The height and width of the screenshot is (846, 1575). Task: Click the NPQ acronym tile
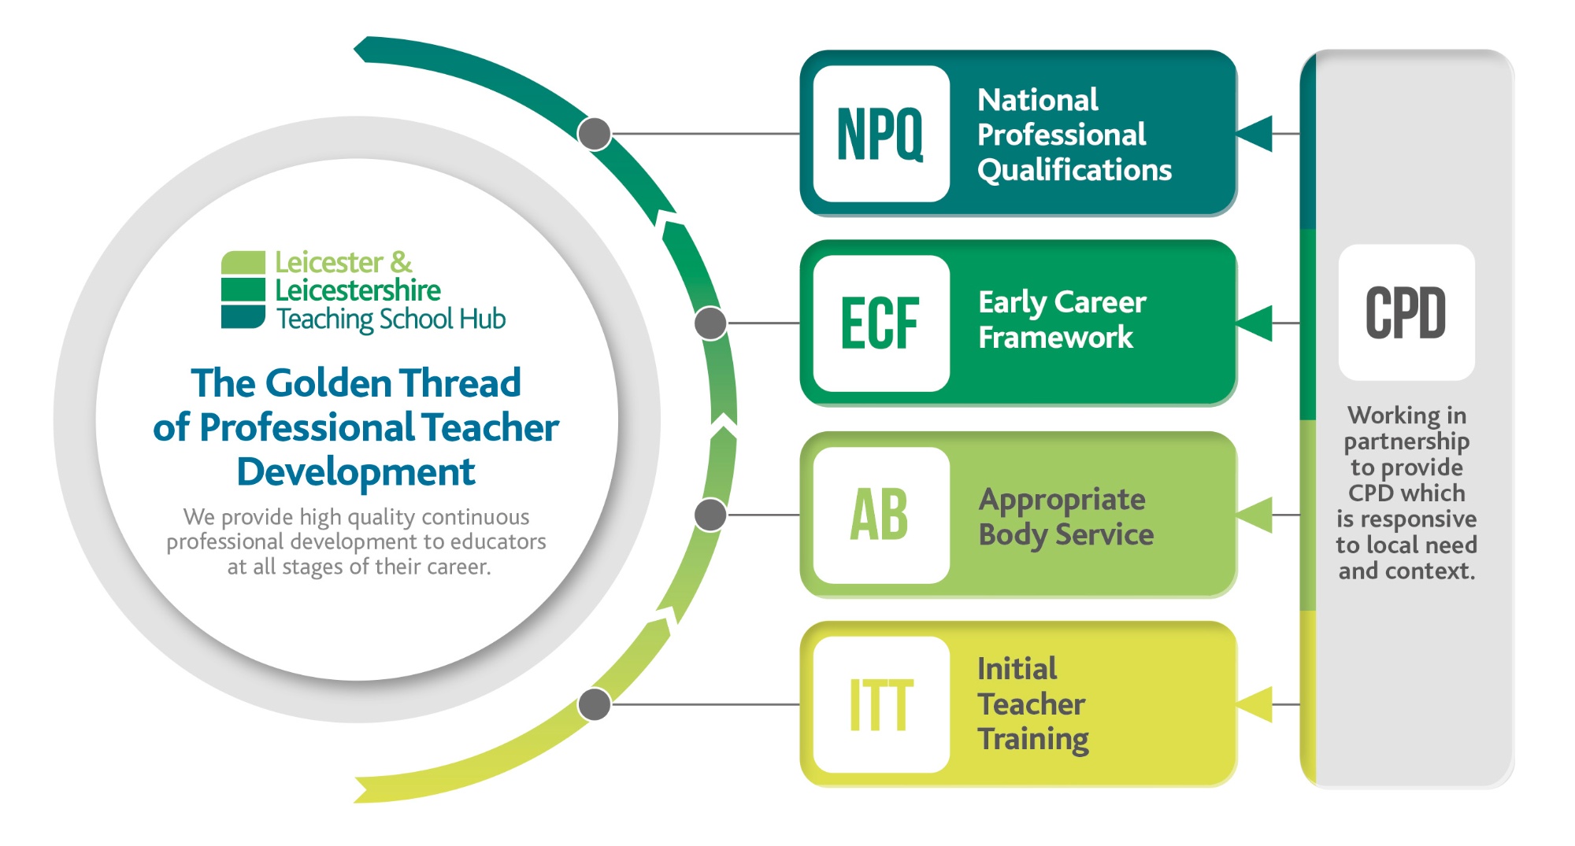(881, 134)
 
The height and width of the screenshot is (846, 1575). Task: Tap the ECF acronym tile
(881, 323)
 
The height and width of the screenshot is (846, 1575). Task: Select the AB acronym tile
(881, 515)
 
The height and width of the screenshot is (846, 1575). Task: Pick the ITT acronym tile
(881, 705)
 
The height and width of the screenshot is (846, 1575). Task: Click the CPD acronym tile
(1406, 312)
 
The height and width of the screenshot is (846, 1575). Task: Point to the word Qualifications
(1075, 171)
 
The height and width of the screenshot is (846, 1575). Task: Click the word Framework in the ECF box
(1056, 338)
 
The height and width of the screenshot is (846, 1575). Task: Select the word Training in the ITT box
(1033, 740)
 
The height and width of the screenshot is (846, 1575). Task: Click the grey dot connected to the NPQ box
(595, 134)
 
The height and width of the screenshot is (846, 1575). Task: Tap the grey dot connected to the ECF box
(711, 323)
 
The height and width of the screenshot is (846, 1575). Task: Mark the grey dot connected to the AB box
(711, 515)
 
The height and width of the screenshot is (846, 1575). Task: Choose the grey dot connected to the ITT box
(595, 704)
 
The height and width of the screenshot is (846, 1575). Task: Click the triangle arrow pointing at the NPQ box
(1254, 134)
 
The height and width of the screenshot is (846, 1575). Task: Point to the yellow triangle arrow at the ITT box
(1254, 704)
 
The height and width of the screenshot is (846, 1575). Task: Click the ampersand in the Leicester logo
(401, 262)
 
